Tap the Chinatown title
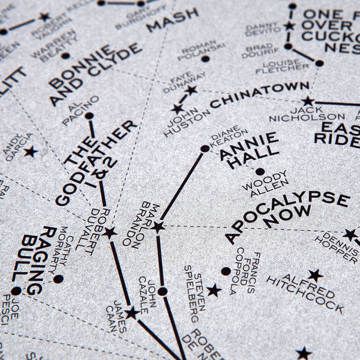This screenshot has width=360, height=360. coord(259,95)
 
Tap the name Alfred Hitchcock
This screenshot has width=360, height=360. coord(305,293)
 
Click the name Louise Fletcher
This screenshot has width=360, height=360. coord(282,67)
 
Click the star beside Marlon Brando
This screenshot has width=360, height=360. coord(158,227)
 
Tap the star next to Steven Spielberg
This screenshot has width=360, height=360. coord(214,291)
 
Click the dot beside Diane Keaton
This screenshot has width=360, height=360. coord(205,148)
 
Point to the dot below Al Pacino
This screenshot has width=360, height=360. coord(89,116)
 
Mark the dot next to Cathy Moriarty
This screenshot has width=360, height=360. coord(58,279)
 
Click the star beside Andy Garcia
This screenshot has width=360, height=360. coord(30,152)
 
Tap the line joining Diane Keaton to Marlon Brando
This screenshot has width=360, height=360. coord(181,188)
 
